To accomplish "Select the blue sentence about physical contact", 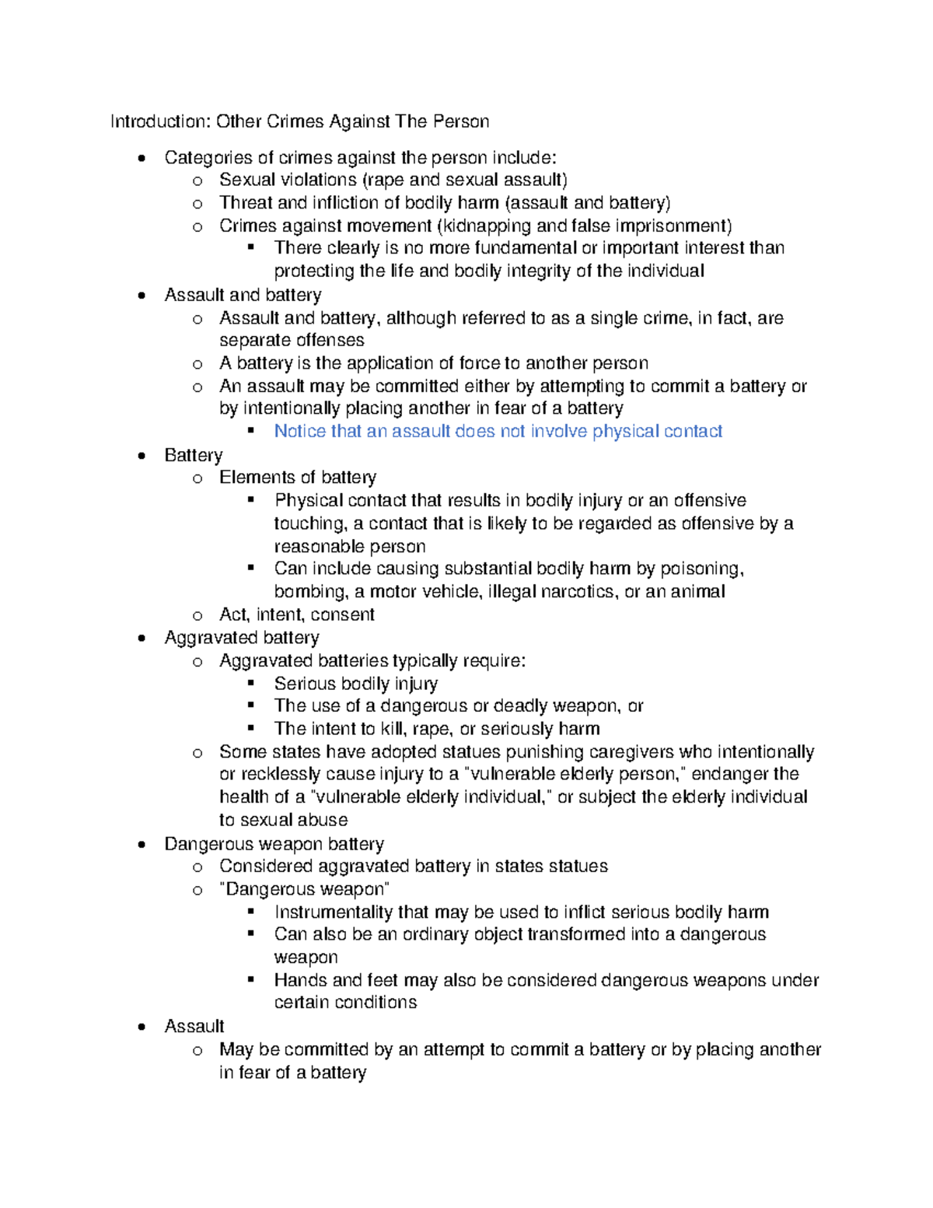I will (498, 431).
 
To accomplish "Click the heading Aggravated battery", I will (242, 638).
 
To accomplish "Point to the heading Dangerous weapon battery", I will (274, 844).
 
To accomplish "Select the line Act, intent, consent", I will (296, 615).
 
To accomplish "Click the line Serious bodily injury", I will (355, 684).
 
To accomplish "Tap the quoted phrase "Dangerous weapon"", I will (304, 889).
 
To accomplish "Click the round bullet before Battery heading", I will (141, 457).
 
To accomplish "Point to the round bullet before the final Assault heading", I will (141, 1028).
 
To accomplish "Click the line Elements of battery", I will (298, 478).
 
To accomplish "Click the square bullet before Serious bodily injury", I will (250, 683).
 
